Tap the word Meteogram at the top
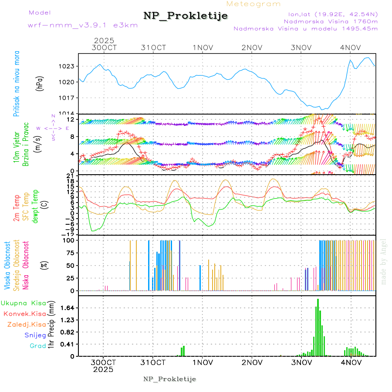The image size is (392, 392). coord(253,4)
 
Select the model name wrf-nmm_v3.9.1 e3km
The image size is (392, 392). coord(83,25)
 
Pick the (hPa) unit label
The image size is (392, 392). coord(39,83)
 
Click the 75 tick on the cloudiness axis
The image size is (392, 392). coord(70,253)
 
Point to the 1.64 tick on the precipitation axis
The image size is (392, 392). coord(67,308)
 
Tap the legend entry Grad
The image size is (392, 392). coord(37,346)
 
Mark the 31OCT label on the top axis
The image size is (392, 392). coord(153,47)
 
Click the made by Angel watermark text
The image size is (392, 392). coord(384,261)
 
